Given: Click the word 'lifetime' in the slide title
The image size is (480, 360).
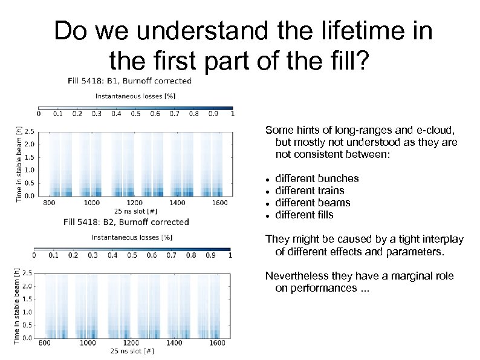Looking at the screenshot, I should [x=361, y=31].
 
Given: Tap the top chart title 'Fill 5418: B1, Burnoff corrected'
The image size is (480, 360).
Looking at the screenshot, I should [x=129, y=80].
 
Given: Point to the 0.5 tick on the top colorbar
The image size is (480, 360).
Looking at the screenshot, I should [x=135, y=113].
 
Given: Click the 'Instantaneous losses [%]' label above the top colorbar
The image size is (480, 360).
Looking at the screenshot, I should [x=135, y=96].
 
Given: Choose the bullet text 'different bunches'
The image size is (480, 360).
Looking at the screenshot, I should [x=317, y=178].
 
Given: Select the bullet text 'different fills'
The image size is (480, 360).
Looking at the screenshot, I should [x=304, y=215].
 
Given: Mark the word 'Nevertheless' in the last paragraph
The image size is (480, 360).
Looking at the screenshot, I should [x=293, y=276].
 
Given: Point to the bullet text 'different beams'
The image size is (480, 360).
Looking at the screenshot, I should [x=313, y=203].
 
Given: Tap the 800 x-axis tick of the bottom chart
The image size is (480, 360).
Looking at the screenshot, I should [x=45, y=343].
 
